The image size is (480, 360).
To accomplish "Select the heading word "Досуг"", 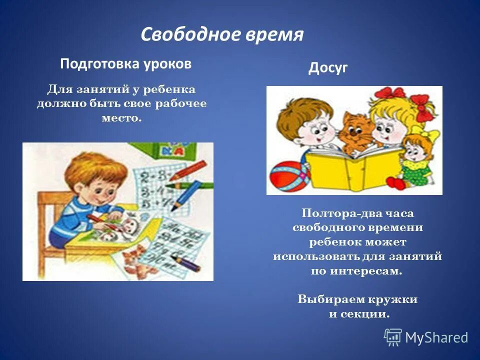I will click(x=327, y=68).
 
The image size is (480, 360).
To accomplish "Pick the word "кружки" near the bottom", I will click(x=393, y=299).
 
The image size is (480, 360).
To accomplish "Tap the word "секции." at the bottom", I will click(x=370, y=314).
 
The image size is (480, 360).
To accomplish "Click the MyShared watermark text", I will click(x=436, y=337).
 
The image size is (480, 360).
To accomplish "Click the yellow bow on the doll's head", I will click(x=430, y=134).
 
